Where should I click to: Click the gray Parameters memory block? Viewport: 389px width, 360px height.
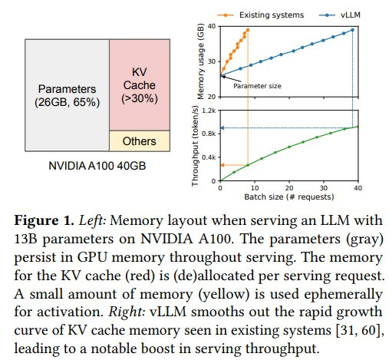click(67, 95)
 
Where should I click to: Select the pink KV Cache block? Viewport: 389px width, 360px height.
click(140, 85)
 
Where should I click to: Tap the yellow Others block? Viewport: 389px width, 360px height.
click(140, 141)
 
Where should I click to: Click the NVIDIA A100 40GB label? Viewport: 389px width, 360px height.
click(97, 166)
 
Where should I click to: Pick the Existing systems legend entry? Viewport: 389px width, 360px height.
click(261, 15)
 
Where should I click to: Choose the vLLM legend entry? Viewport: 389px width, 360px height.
click(340, 15)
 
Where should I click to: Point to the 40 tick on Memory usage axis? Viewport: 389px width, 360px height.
click(212, 26)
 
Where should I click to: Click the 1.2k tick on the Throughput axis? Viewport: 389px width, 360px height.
click(209, 111)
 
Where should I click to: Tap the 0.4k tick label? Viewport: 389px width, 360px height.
click(209, 157)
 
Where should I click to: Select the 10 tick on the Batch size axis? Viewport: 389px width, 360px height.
click(255, 188)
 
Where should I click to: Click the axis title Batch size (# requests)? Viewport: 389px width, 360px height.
click(289, 197)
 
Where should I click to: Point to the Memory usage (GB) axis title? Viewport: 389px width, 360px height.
click(201, 61)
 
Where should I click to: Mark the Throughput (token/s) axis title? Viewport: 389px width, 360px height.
click(195, 146)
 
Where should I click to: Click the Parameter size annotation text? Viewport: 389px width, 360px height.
click(257, 86)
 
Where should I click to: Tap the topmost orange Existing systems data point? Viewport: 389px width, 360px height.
click(248, 30)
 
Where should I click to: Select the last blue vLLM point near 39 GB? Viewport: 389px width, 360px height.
click(352, 30)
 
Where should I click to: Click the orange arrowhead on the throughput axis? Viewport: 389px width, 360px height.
click(223, 165)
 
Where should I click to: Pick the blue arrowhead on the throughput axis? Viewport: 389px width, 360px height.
click(223, 127)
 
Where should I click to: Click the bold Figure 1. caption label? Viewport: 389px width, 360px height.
click(44, 220)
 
